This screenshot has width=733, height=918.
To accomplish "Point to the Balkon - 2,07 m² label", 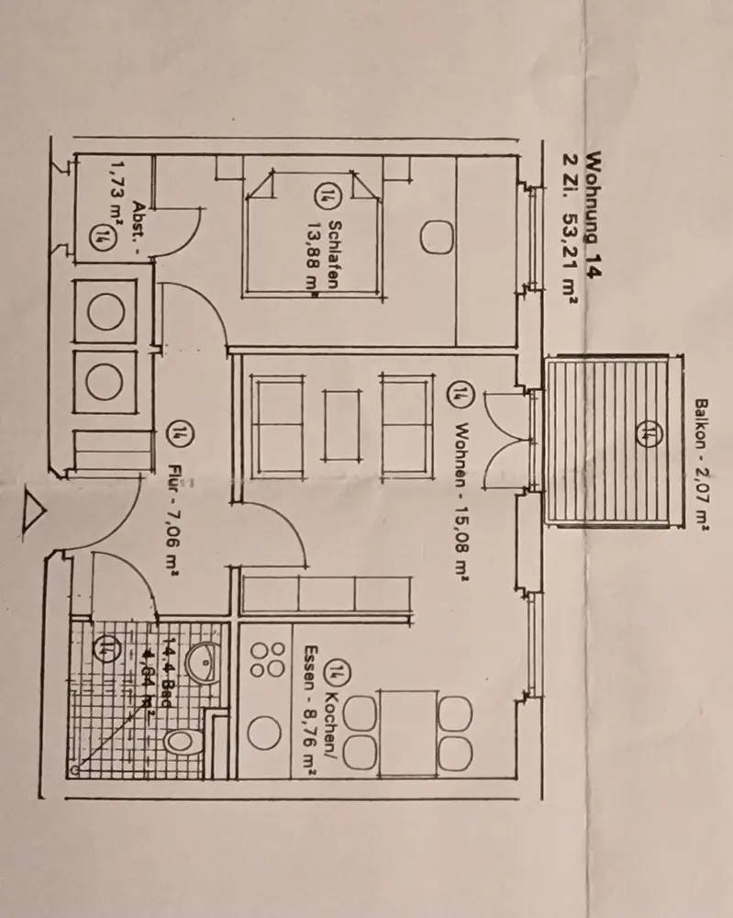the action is [702, 464].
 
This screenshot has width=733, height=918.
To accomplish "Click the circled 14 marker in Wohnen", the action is [456, 396].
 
